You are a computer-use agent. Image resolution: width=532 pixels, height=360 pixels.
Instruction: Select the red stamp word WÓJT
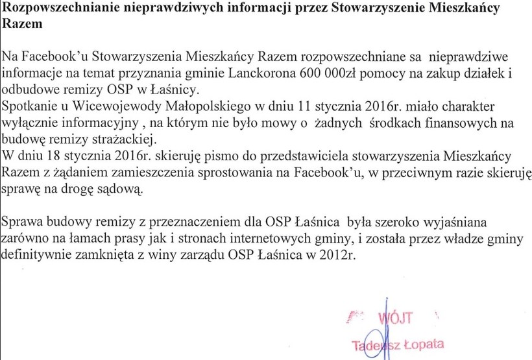point(395,318)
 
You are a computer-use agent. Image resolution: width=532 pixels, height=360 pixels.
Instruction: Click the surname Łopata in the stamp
point(420,344)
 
